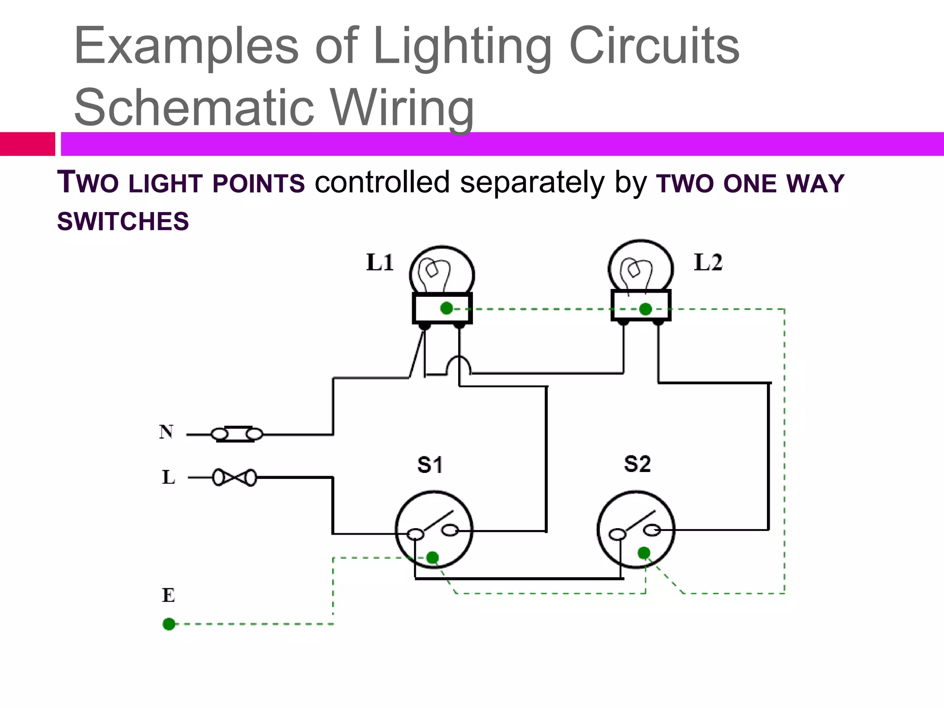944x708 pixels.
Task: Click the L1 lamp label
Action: point(380,263)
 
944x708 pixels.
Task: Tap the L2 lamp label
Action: point(708,263)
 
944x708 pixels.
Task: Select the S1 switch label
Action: point(430,465)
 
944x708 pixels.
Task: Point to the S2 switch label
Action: point(637,464)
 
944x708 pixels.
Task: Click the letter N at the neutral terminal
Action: point(166,432)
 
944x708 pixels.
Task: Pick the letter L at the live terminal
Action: point(168,478)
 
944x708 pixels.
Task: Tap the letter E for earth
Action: point(168,596)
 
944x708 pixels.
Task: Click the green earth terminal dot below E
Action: point(169,624)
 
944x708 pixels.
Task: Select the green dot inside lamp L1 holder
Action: point(446,308)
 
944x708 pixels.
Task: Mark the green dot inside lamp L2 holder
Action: point(645,309)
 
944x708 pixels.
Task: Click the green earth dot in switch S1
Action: point(432,558)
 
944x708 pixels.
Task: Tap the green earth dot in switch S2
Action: point(644,553)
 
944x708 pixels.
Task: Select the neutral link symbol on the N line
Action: point(236,434)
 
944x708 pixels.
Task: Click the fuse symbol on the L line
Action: point(235,478)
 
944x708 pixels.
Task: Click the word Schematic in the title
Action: point(194,107)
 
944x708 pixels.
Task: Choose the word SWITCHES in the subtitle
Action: point(123,221)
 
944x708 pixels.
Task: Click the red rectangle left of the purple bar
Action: point(28,144)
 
